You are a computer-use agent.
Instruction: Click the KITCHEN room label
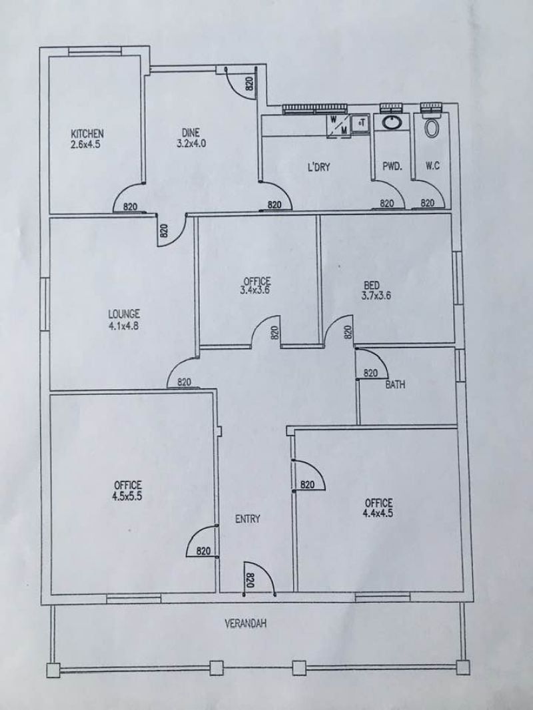87,134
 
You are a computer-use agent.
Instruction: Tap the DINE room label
191,133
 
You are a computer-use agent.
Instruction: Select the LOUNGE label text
124,313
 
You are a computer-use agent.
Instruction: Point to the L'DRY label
319,167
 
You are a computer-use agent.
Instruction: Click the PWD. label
392,167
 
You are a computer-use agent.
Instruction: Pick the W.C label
432,167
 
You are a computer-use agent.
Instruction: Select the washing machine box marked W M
338,125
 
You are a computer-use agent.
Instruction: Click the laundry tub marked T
361,123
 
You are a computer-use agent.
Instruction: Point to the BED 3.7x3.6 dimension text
376,296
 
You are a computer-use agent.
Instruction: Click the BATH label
395,385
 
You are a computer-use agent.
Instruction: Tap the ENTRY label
248,519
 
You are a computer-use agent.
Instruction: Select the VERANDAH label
246,623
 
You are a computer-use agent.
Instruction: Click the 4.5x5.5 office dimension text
127,496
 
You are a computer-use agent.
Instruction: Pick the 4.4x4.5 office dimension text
378,513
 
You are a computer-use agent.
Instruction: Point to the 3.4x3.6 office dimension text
255,290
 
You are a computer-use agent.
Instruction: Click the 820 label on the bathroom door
370,373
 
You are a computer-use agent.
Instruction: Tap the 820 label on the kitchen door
130,206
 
